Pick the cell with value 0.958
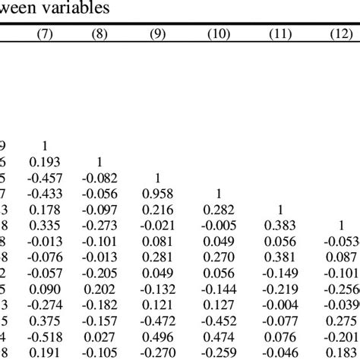pyautogui.click(x=159, y=194)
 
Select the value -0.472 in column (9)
pyautogui.click(x=159, y=321)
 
